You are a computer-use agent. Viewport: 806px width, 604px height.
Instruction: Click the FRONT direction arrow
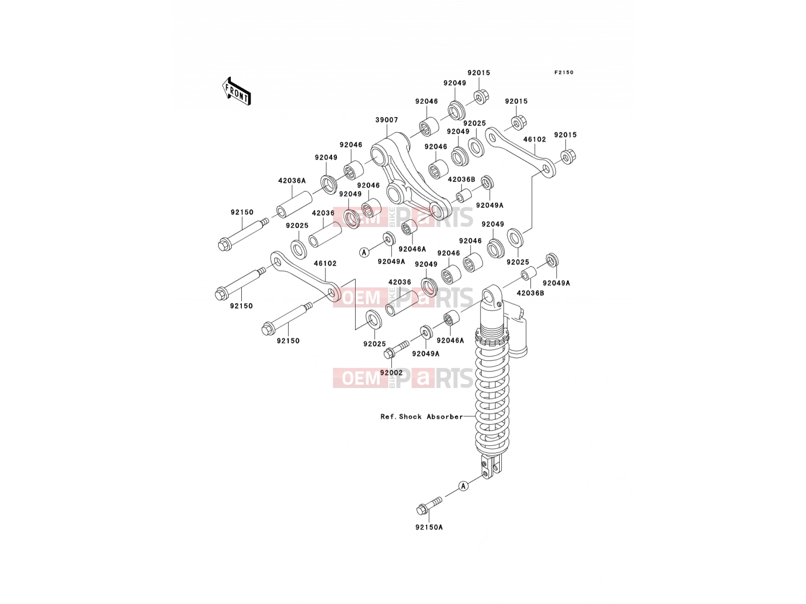[x=236, y=91]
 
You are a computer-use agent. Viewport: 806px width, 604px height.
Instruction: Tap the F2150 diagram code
[x=564, y=72]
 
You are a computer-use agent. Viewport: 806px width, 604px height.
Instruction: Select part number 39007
[x=387, y=120]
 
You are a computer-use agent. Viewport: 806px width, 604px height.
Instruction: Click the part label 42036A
[x=292, y=181]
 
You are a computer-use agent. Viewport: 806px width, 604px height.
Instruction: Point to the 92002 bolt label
[x=391, y=372]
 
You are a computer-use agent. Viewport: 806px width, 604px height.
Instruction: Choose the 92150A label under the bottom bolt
[x=429, y=527]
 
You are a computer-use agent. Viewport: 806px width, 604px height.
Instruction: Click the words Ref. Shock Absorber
[x=422, y=417]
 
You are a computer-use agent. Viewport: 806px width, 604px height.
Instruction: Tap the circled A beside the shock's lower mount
[x=463, y=486]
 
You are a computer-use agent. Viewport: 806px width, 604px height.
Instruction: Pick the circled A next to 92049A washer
[x=364, y=252]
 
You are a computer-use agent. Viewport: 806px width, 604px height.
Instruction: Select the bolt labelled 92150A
[x=429, y=505]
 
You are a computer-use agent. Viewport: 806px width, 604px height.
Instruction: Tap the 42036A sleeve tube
[x=295, y=205]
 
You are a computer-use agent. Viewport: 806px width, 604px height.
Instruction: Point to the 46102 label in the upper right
[x=534, y=140]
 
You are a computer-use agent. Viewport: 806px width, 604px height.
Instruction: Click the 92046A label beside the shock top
[x=450, y=341]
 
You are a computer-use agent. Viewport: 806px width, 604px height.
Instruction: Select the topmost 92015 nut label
[x=479, y=73]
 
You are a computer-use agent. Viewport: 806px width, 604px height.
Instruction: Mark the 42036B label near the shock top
[x=530, y=293]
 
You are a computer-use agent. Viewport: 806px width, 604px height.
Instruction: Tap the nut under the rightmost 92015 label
[x=568, y=157]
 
